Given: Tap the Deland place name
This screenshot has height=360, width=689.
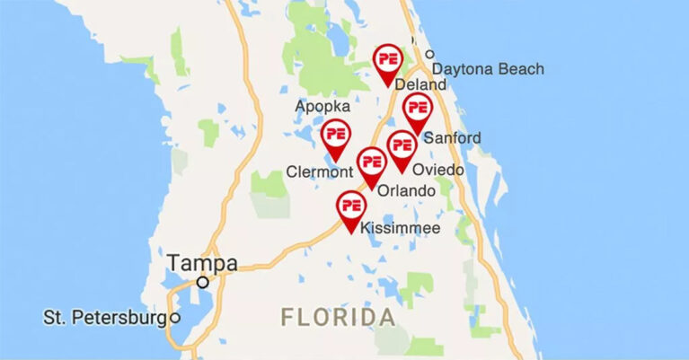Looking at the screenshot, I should (x=420, y=85).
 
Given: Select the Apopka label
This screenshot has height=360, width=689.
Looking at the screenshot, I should (x=322, y=106).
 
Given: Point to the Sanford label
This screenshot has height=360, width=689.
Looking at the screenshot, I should (x=451, y=137).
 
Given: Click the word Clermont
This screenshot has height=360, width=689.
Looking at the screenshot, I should (x=317, y=171).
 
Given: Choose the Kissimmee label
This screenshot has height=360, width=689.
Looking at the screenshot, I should (x=400, y=229).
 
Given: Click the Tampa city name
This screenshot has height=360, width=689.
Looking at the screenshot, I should (x=202, y=263).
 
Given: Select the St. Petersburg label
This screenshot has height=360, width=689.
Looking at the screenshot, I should (x=105, y=318).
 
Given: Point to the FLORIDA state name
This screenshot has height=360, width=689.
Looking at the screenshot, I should (x=338, y=317).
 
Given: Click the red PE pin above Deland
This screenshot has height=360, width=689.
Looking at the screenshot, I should (x=389, y=59).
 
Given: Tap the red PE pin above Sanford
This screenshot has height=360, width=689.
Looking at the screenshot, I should (x=416, y=110).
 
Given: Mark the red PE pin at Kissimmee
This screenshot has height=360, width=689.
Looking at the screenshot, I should (x=350, y=206).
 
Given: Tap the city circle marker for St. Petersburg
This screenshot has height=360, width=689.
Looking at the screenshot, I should (x=176, y=318).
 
